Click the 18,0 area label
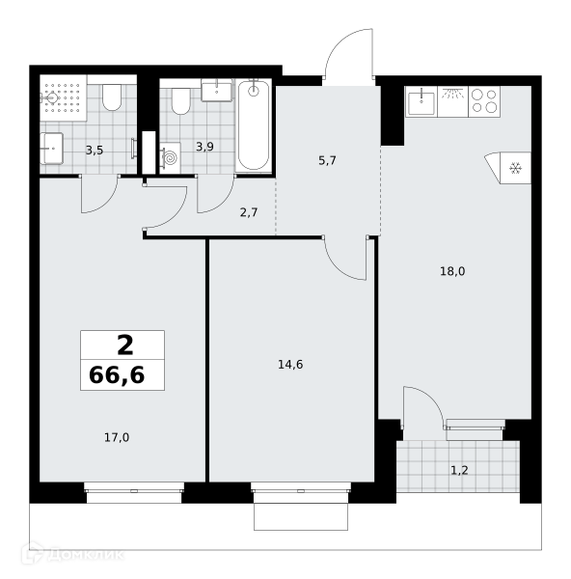[452, 272]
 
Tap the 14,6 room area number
[290, 365]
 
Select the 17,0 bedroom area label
[117, 438]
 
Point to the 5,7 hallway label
[327, 161]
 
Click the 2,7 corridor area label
[249, 212]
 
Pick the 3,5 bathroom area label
[95, 151]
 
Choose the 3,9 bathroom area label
[204, 147]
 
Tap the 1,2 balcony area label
[459, 471]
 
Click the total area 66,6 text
[117, 375]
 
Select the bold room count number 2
[125, 346]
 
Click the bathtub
[254, 125]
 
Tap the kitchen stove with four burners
[484, 101]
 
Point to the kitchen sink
[421, 101]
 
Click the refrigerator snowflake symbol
[515, 168]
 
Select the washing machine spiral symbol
[171, 158]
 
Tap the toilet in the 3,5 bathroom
[112, 97]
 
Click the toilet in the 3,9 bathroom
[181, 101]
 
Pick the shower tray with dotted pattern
[63, 97]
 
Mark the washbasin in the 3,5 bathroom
[51, 149]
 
